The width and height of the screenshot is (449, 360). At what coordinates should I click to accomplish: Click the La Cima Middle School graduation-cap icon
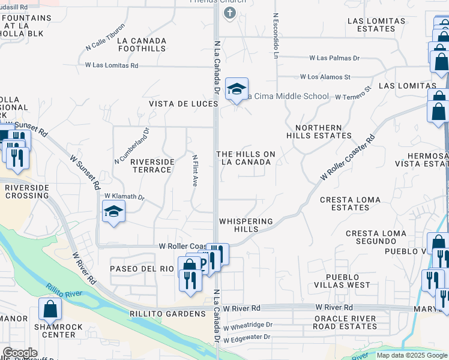(237, 90)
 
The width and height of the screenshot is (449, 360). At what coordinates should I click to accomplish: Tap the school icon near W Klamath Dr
(113, 212)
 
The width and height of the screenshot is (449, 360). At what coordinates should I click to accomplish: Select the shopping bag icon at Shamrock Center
(50, 310)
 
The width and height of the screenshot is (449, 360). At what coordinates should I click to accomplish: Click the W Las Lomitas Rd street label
(112, 65)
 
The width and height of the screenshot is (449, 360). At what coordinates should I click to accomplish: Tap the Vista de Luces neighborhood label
(183, 104)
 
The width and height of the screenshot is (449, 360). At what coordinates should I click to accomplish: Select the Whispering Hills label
(246, 226)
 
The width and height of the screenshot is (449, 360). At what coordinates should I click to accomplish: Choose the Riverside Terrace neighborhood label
(152, 166)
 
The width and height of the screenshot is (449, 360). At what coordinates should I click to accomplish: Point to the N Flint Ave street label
(195, 170)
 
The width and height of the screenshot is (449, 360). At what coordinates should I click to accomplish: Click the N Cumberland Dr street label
(131, 145)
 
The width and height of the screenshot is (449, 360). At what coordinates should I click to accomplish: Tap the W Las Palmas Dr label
(334, 58)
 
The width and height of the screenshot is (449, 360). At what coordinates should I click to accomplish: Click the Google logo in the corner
(19, 353)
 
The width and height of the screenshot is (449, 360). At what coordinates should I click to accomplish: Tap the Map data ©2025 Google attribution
(411, 355)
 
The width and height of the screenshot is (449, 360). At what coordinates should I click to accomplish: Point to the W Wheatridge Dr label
(248, 325)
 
